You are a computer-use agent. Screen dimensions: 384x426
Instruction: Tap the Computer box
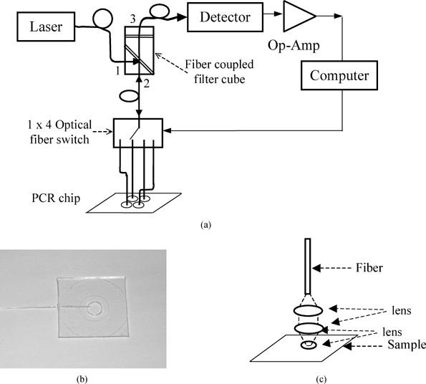345,74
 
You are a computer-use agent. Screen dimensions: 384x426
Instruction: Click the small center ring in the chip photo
94,309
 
